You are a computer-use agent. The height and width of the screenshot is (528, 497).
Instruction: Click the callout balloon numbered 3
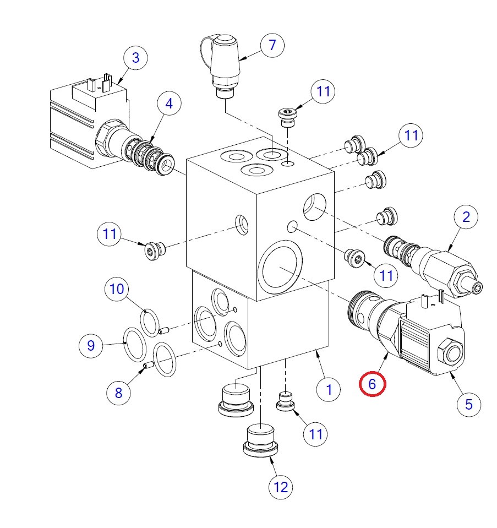pyautogui.click(x=135, y=58)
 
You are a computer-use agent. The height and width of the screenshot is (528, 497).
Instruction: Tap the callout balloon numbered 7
pyautogui.click(x=272, y=45)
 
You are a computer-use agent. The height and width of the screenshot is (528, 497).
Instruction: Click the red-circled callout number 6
pyautogui.click(x=373, y=384)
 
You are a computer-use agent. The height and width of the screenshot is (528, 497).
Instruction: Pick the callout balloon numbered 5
pyautogui.click(x=469, y=404)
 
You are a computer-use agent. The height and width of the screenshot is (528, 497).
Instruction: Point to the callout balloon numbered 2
pyautogui.click(x=466, y=217)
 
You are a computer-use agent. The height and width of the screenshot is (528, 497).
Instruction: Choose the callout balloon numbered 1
pyautogui.click(x=329, y=390)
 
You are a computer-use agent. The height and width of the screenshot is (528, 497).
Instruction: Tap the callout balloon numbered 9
pyautogui.click(x=91, y=346)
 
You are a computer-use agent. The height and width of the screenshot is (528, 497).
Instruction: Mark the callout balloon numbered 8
pyautogui.click(x=119, y=393)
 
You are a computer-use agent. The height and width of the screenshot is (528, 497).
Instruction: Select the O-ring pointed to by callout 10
pyautogui.click(x=149, y=322)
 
